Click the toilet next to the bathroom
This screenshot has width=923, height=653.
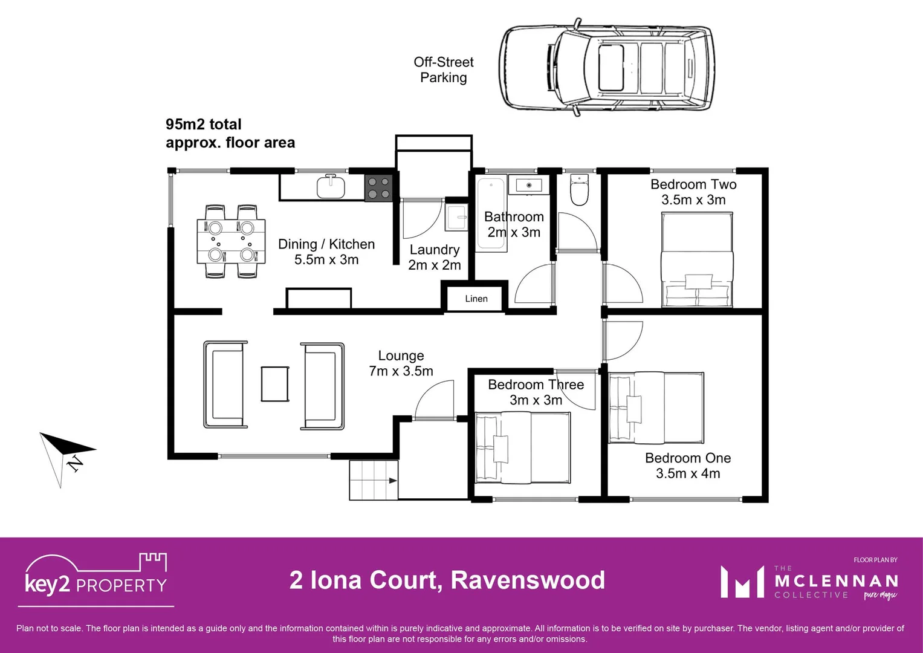coord(579,190)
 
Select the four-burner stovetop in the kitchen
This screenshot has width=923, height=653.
coord(379,187)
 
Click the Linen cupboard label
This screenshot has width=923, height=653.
coord(476,299)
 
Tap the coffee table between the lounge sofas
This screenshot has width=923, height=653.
coord(274,384)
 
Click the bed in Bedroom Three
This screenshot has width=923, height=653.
coord(522,447)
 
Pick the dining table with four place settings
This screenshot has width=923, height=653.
coord(231,241)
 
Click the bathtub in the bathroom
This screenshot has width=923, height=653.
coord(491,215)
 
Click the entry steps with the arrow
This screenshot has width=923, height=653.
coord(374,480)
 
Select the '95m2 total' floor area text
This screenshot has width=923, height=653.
coord(204,125)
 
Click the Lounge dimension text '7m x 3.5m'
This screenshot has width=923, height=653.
coord(401,371)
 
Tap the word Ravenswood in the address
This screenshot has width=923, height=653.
coord(528,580)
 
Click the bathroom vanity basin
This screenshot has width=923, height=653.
coord(529,185)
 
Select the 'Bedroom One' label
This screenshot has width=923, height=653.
coord(688,458)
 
